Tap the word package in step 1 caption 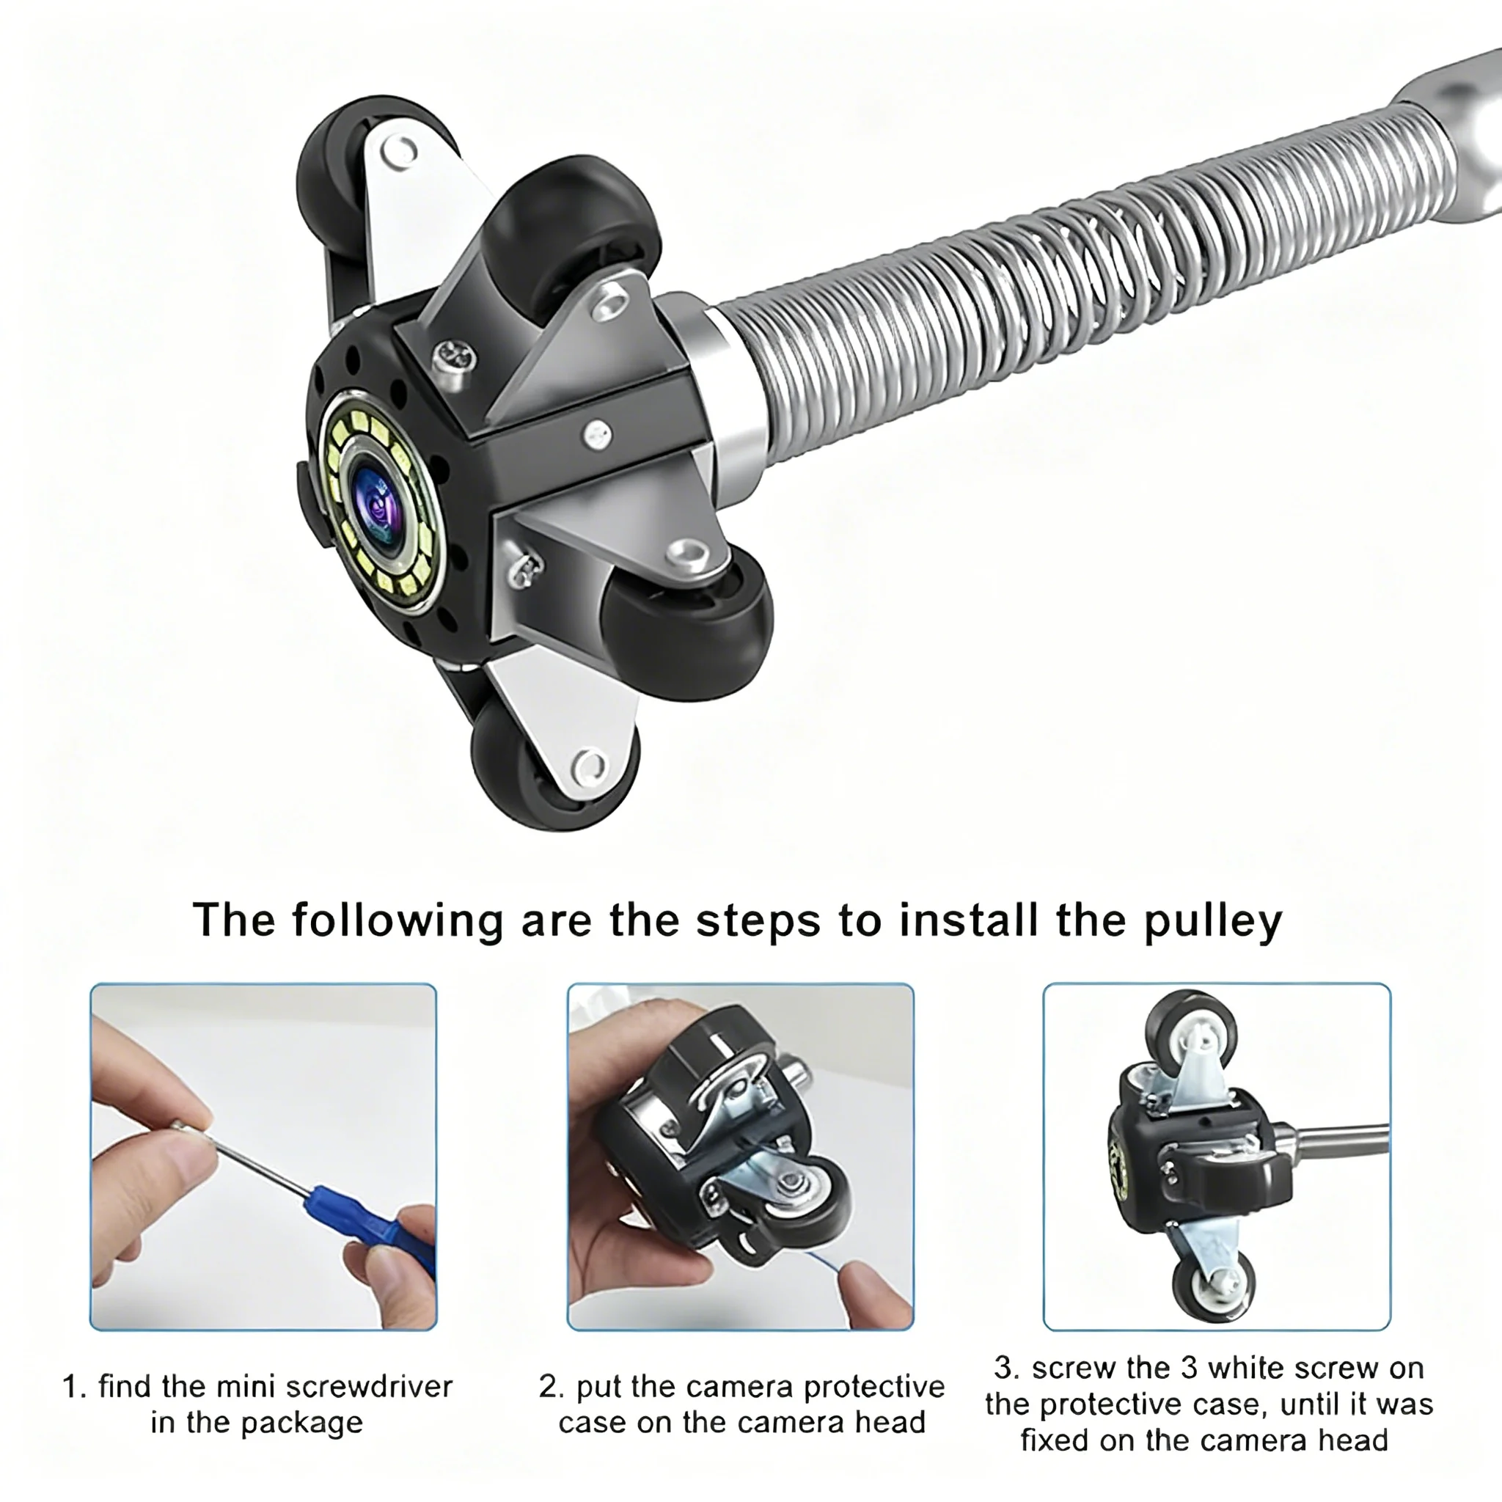click(301, 1423)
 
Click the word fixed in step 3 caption click(1058, 1440)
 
